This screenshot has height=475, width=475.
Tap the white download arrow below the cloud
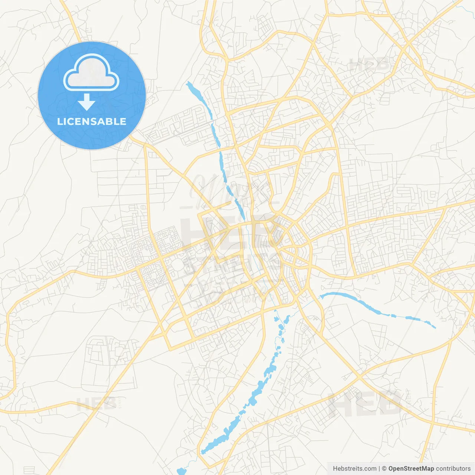point(86,102)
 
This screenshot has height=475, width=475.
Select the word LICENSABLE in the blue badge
point(92,121)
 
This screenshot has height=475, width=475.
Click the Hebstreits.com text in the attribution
point(354,469)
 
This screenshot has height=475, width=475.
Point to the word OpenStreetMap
point(411,469)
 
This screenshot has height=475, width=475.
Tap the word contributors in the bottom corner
point(453,469)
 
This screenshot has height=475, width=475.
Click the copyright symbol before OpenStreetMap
point(384,469)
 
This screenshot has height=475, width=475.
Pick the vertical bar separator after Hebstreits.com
point(379,469)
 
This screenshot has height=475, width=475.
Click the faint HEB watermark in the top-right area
point(370,66)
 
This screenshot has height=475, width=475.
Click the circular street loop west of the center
point(178,264)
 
